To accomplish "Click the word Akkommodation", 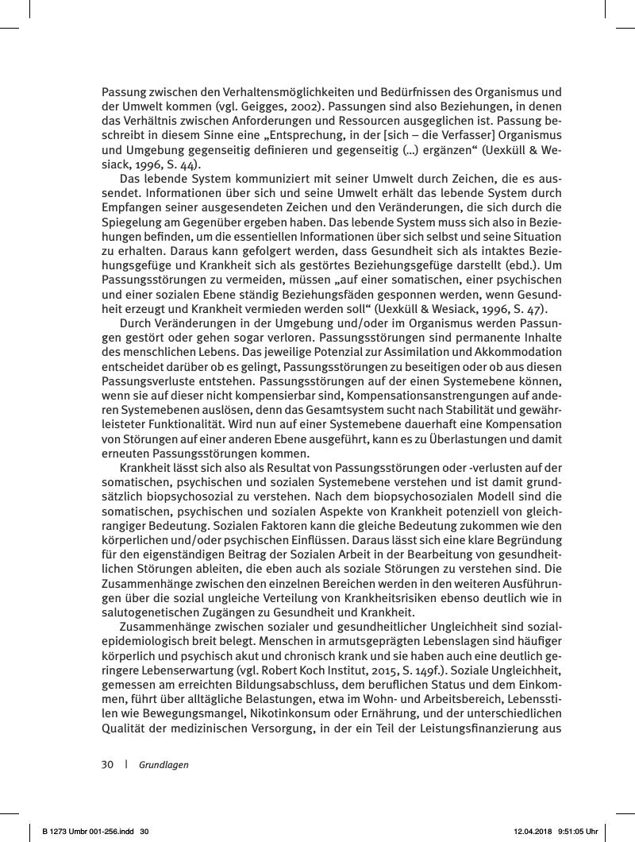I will (521, 353).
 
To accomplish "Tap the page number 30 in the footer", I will (107, 765).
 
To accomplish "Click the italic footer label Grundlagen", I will (164, 765).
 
